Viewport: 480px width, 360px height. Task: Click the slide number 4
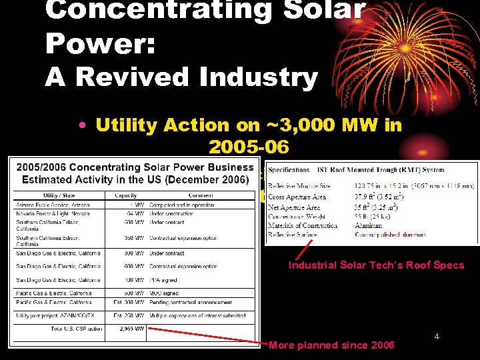pyautogui.click(x=437, y=337)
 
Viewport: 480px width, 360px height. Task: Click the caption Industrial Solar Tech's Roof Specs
pyautogui.click(x=376, y=265)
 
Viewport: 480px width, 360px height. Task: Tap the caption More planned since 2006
pyautogui.click(x=331, y=345)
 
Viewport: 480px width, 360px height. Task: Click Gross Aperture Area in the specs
pyautogui.click(x=297, y=197)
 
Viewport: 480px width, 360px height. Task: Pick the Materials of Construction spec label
pyautogui.click(x=303, y=225)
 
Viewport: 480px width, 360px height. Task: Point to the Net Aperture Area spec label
pyautogui.click(x=294, y=207)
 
